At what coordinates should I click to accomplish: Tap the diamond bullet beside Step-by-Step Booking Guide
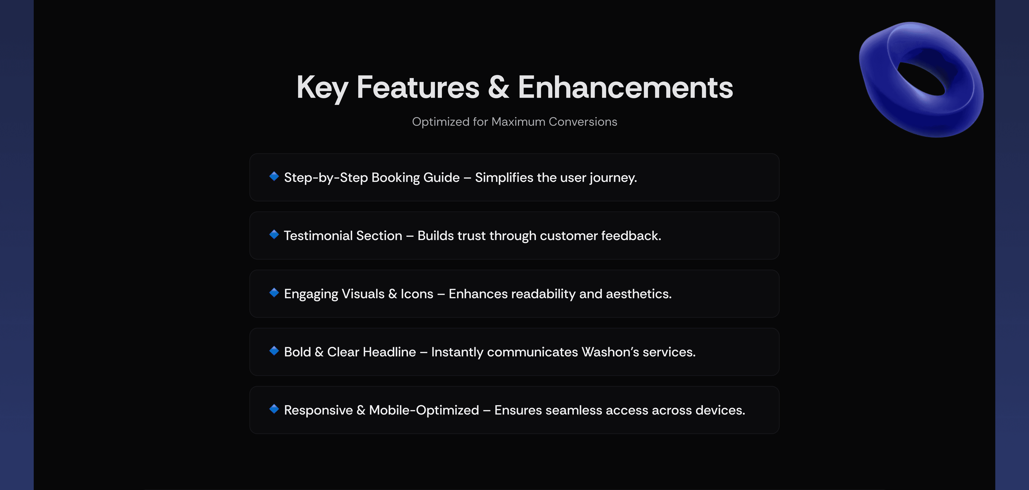pyautogui.click(x=274, y=176)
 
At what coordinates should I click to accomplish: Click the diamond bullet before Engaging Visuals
pyautogui.click(x=274, y=292)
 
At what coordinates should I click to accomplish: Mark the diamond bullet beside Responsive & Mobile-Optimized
pyautogui.click(x=274, y=409)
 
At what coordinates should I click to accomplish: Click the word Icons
pyautogui.click(x=417, y=294)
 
